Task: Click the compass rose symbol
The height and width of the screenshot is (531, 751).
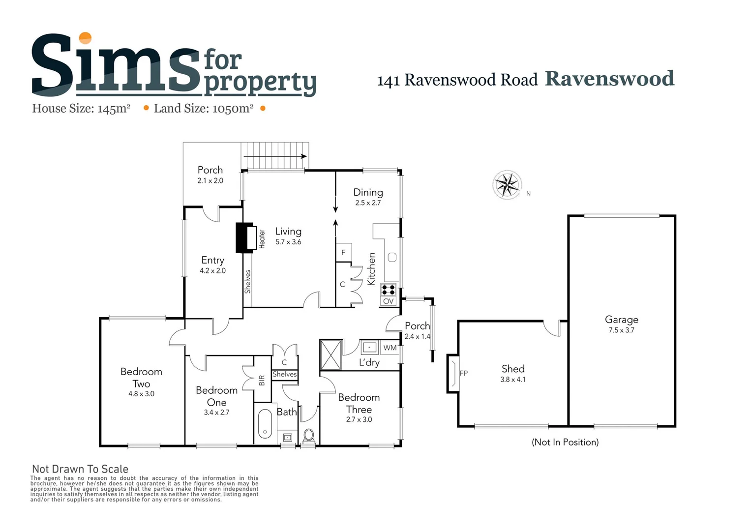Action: (x=507, y=185)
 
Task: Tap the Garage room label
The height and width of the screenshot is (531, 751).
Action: (x=621, y=320)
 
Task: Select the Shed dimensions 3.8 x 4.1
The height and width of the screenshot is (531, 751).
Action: (x=512, y=380)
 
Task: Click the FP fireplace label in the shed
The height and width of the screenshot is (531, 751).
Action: (x=463, y=373)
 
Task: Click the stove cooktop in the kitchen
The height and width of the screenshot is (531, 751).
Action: (x=388, y=290)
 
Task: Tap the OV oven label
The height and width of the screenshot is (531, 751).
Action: (x=388, y=301)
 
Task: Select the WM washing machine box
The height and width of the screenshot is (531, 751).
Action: (x=390, y=348)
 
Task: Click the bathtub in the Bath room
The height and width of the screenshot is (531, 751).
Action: (x=265, y=423)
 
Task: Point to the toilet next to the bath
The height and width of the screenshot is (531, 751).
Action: (x=309, y=436)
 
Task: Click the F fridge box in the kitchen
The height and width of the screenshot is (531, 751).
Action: (x=343, y=252)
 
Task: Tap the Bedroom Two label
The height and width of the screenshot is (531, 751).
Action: (x=141, y=377)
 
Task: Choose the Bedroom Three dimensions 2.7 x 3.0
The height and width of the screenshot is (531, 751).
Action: (x=359, y=419)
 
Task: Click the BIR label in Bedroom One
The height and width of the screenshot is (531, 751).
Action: (x=262, y=380)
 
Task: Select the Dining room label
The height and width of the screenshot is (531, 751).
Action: (x=368, y=192)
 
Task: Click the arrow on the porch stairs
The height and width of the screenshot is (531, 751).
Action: (x=275, y=156)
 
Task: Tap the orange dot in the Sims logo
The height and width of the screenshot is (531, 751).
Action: (x=86, y=38)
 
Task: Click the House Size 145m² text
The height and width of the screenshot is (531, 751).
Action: (x=81, y=109)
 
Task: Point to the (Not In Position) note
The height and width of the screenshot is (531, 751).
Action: (x=565, y=442)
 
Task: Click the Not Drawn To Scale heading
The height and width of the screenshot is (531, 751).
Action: (x=80, y=469)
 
